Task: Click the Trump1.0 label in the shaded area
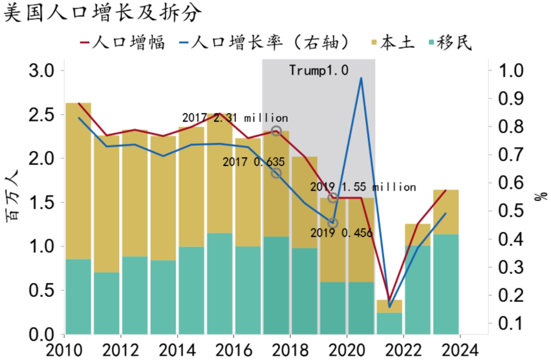coord(319,70)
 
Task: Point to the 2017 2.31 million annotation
coord(235,118)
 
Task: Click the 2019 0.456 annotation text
coord(341,233)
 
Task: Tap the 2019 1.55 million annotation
coord(363,187)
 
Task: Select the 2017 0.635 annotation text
coord(254,162)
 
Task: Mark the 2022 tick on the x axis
coord(403,351)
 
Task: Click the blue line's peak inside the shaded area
coord(361,78)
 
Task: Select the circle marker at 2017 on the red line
coord(276,131)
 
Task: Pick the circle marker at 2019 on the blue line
coord(333,223)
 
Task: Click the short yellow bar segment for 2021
coord(389,306)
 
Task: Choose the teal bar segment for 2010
coord(79,296)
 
